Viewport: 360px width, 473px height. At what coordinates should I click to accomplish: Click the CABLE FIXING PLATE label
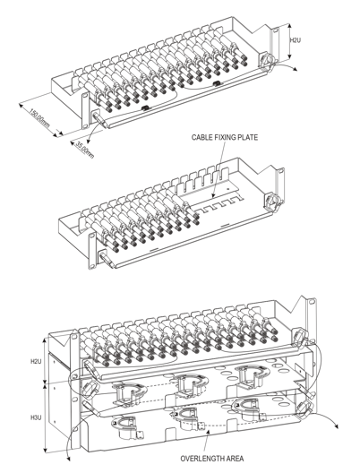point(225,138)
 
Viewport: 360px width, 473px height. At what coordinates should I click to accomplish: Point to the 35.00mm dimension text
point(84,150)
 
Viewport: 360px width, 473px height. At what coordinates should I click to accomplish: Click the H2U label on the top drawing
point(296,39)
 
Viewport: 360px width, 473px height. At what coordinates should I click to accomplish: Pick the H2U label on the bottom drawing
point(36,361)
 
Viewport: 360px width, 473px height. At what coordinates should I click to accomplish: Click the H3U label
point(36,417)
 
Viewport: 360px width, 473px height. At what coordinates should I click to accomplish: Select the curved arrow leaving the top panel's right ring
point(287,65)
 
